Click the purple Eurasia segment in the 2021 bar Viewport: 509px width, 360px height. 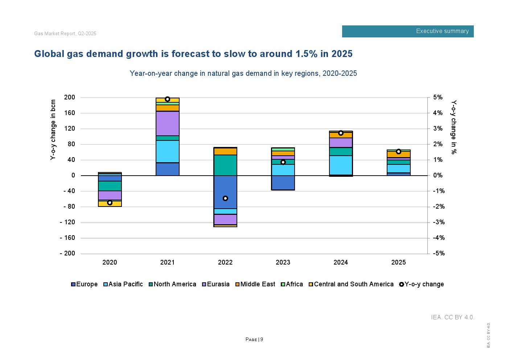pos(168,123)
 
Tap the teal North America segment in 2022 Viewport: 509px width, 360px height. pos(225,165)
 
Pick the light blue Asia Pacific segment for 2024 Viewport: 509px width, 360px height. pos(341,165)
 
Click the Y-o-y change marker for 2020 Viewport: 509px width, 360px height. pos(110,202)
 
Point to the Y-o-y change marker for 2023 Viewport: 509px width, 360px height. pos(283,162)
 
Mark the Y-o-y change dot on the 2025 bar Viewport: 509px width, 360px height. pos(398,152)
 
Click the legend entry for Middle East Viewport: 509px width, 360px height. pos(255,284)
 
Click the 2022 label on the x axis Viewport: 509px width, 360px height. pos(225,262)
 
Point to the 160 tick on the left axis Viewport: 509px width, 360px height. pos(69,113)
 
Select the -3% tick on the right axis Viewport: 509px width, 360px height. pos(439,222)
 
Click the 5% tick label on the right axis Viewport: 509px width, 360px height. pos(438,97)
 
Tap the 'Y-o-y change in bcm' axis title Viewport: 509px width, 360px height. pos(53,130)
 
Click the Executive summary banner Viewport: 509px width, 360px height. pos(408,31)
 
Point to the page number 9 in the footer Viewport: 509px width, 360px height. pos(262,340)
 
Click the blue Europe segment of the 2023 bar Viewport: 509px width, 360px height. pos(283,183)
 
